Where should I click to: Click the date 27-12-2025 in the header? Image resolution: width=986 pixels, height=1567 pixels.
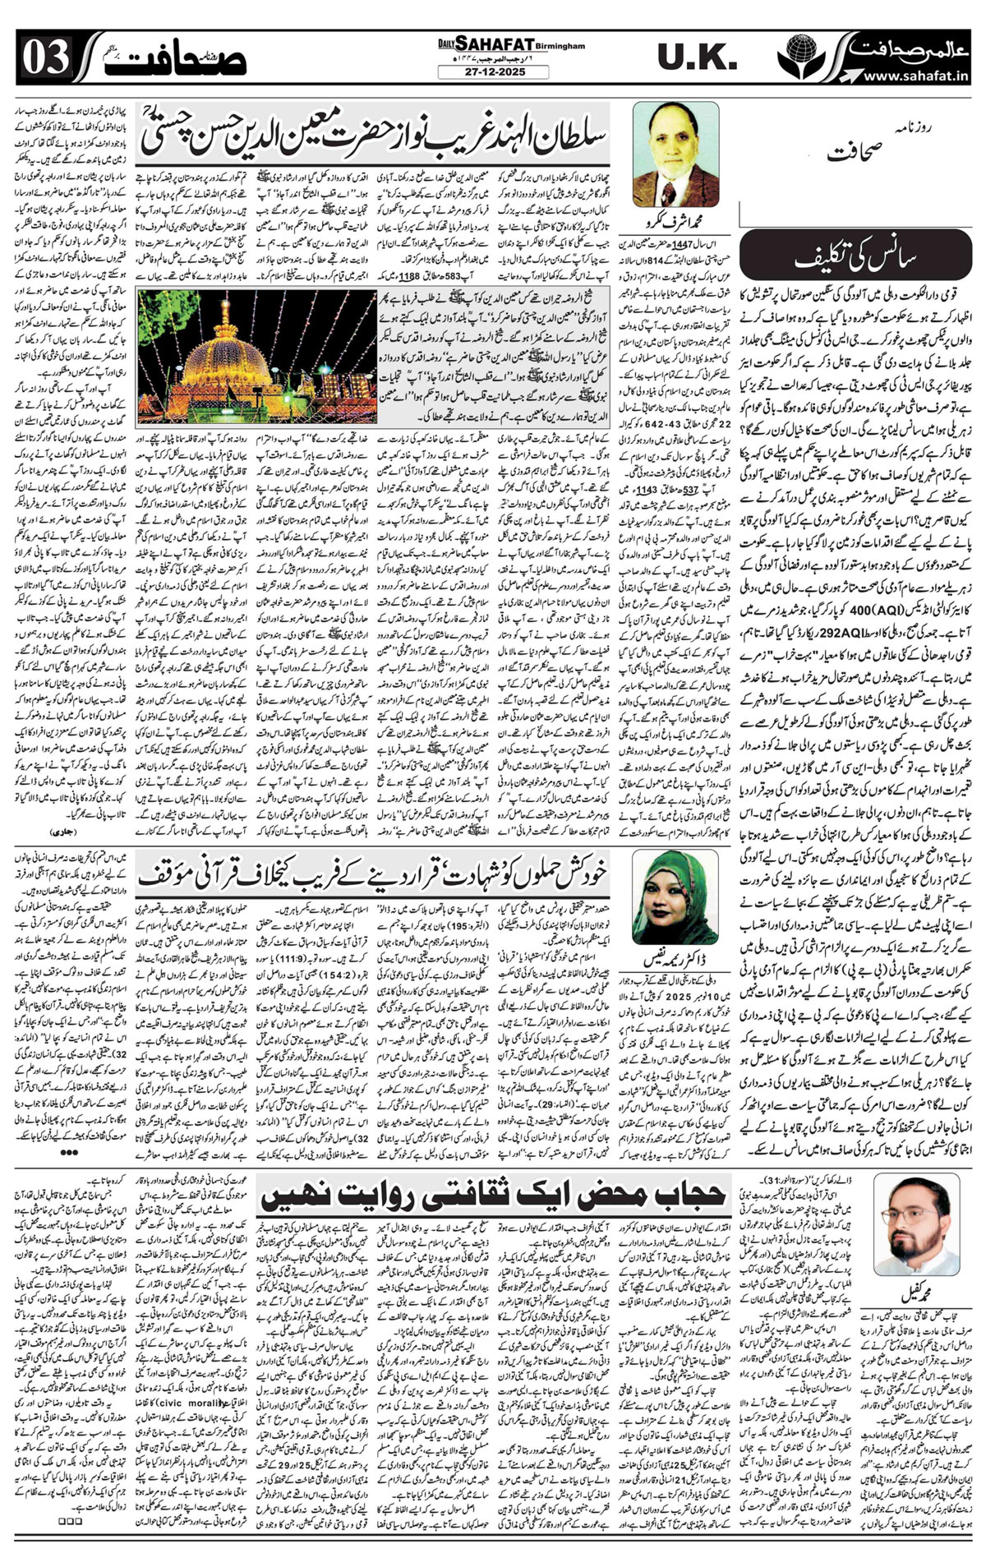pos(493,72)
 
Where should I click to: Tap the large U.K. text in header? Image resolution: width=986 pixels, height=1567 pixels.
pos(697,58)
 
